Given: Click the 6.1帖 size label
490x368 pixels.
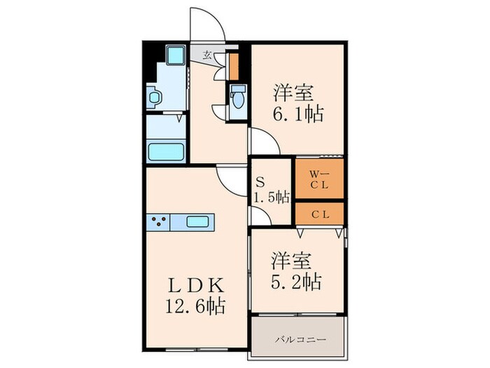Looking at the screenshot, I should [297, 114].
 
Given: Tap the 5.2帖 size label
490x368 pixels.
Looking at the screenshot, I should [297, 281].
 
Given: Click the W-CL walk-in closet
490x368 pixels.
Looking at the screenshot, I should [319, 179].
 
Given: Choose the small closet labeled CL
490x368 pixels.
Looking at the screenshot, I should [319, 212].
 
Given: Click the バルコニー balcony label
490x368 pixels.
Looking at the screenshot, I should [297, 339].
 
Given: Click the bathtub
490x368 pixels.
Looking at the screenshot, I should [166, 151].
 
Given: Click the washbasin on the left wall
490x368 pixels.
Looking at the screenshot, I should [155, 97].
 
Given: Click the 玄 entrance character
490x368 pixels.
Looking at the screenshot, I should [207, 54].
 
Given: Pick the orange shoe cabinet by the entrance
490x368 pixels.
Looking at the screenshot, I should [234, 64].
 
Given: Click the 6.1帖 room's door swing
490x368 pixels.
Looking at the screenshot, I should [264, 141].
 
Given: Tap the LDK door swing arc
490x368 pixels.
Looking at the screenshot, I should [229, 180].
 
